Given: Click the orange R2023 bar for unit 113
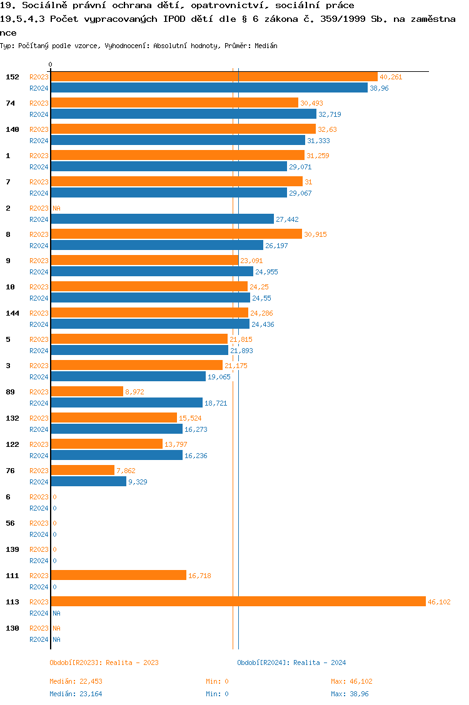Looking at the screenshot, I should pyautogui.click(x=238, y=601).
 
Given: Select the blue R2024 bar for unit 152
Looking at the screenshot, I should pyautogui.click(x=209, y=88).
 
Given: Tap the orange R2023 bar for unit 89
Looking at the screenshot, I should pyautogui.click(x=87, y=391).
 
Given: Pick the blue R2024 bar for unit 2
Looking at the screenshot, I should pyautogui.click(x=162, y=219).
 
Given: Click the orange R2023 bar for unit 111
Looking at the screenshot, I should pyautogui.click(x=118, y=575).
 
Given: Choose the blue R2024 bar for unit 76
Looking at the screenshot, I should pyautogui.click(x=88, y=482).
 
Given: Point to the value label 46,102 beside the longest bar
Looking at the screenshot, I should pyautogui.click(x=439, y=602).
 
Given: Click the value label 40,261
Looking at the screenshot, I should pyautogui.click(x=391, y=77).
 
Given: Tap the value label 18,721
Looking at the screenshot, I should pyautogui.click(x=216, y=403).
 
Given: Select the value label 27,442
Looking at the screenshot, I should pyautogui.click(x=288, y=219).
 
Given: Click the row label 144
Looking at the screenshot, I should pyautogui.click(x=13, y=312).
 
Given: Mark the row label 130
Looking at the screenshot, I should pyautogui.click(x=13, y=627).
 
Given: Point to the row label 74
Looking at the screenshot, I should pyautogui.click(x=10, y=102).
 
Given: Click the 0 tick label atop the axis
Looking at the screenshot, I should pyautogui.click(x=51, y=64).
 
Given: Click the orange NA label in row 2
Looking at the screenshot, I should pyautogui.click(x=56, y=208).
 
